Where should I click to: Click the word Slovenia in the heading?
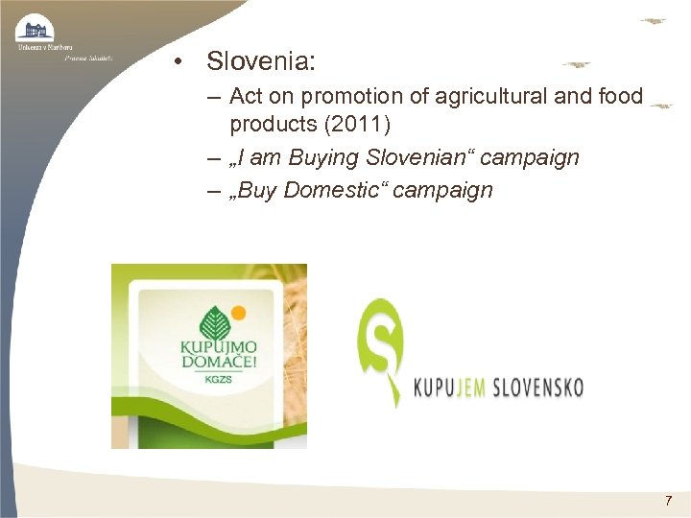258,62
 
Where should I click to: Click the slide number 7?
669,501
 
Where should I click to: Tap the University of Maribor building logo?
36,28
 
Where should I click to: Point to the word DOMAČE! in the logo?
210,361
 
